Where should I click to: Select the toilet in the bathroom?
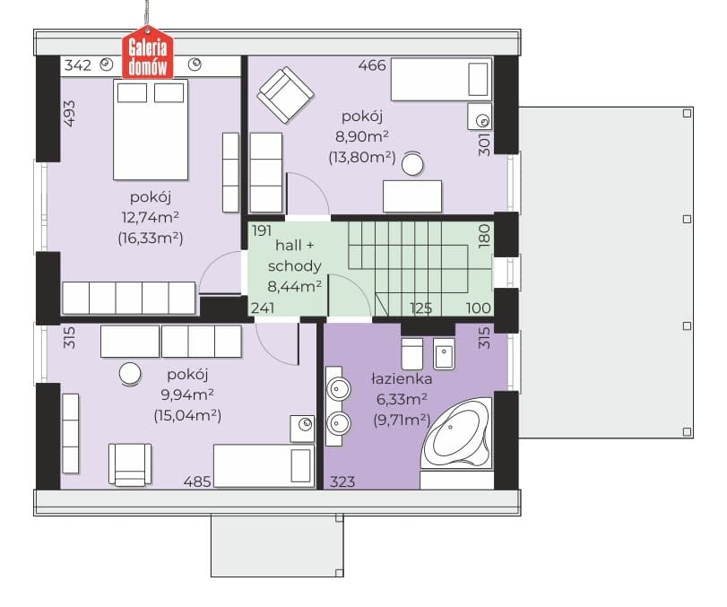click(411, 353)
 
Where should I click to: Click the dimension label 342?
click(78, 65)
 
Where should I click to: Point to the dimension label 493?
click(69, 114)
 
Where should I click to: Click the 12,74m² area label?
click(151, 217)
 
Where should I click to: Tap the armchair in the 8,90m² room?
click(286, 95)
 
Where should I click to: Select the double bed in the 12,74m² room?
click(151, 129)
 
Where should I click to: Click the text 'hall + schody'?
click(295, 255)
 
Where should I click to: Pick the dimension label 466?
click(372, 65)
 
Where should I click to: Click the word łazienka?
click(402, 379)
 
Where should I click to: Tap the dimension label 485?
click(197, 481)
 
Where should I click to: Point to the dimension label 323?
click(342, 481)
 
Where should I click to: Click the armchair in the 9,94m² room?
click(130, 464)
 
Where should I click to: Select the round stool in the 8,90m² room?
click(412, 164)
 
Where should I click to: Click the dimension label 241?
click(263, 308)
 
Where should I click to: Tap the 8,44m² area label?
click(295, 286)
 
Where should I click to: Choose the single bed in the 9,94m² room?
click(264, 466)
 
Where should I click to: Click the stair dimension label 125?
click(421, 308)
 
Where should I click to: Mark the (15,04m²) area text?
click(187, 415)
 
